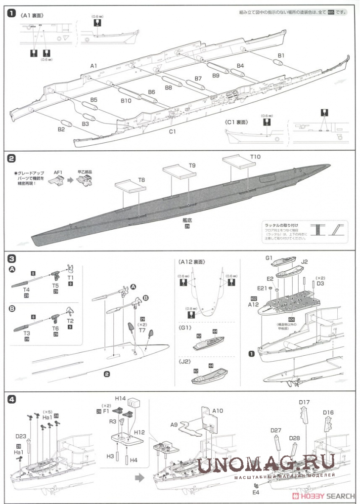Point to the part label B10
[127, 101]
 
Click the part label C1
[172, 131]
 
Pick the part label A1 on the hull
[94, 66]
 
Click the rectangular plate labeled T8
[129, 186]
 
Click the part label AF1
[58, 172]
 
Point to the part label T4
[26, 290]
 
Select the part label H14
[121, 397]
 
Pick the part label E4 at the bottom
[256, 492]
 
